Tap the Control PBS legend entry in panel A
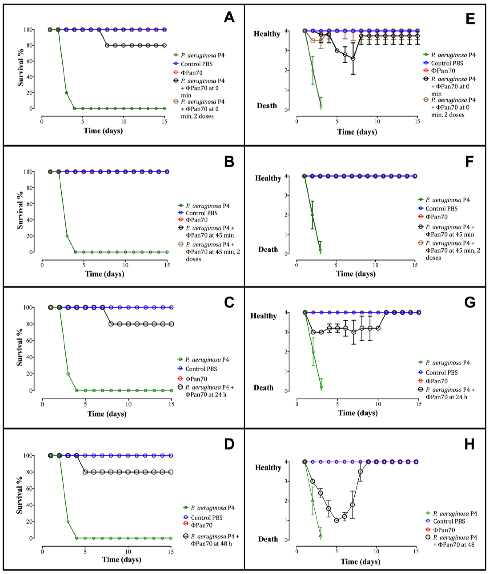(196, 64)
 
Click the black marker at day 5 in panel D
(85, 472)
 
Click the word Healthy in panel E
(267, 34)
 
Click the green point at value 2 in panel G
(313, 352)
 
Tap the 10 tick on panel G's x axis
(378, 404)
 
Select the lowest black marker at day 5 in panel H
(336, 520)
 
